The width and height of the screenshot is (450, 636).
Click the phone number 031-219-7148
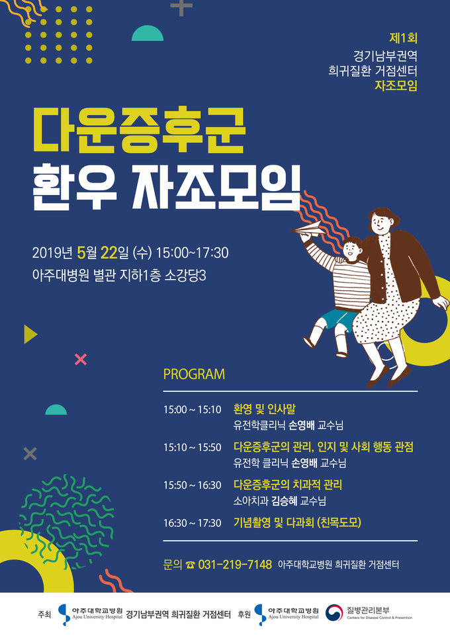click(235, 564)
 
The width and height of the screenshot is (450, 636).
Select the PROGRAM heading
click(194, 374)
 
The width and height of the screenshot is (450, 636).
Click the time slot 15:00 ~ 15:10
click(192, 410)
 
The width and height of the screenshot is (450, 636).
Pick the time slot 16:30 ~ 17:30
click(192, 523)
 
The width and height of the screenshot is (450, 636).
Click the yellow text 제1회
click(403, 38)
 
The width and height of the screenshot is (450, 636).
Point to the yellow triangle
click(30, 335)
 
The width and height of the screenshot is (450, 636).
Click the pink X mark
click(81, 360)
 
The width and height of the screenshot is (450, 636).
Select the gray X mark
click(30, 454)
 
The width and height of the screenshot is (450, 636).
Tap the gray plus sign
click(181, 8)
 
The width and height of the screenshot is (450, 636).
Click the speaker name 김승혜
click(285, 501)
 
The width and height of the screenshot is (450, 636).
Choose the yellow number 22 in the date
click(109, 253)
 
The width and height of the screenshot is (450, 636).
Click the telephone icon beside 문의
click(190, 565)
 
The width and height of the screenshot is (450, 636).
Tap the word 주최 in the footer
click(44, 614)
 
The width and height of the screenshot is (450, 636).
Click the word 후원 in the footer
click(244, 614)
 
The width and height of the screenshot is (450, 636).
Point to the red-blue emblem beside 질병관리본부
click(334, 613)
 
